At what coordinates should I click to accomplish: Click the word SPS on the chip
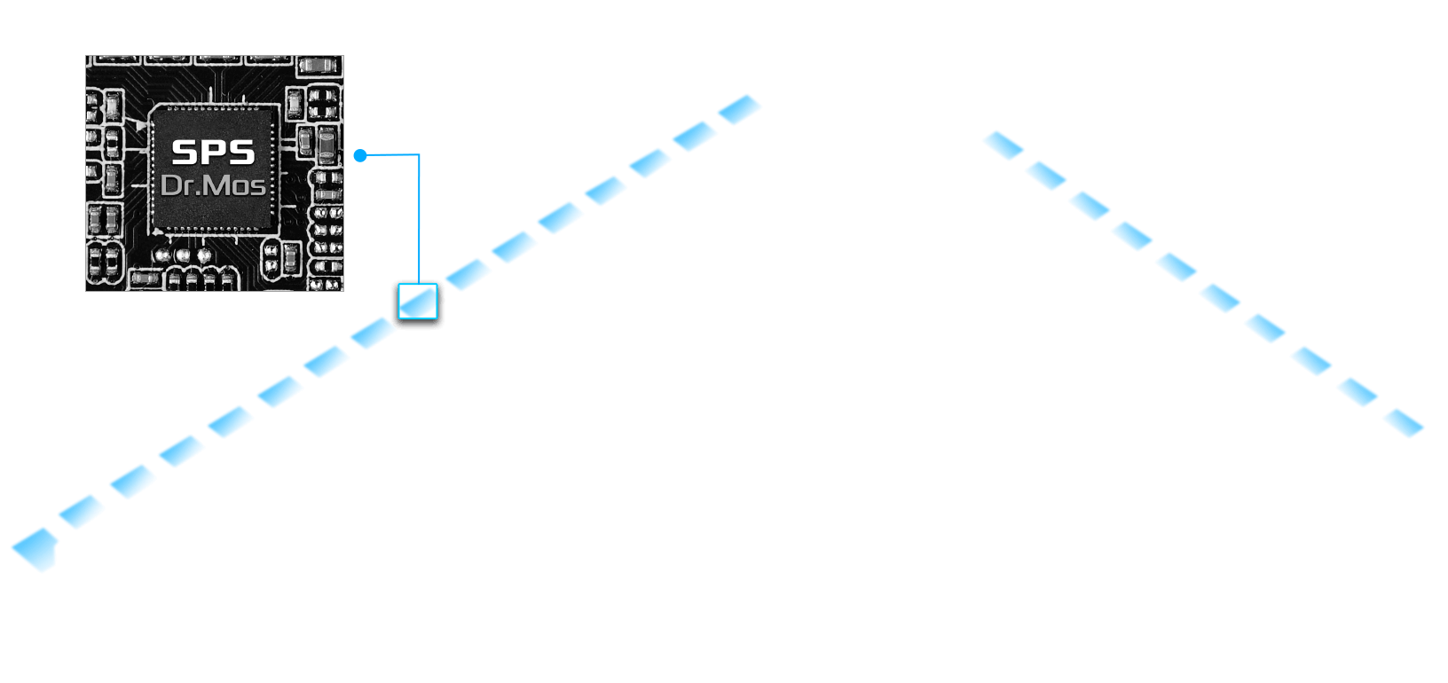[x=213, y=153]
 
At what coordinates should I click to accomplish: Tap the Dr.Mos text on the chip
[x=213, y=185]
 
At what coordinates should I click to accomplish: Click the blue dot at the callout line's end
[x=360, y=156]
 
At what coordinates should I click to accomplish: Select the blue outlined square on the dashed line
[x=417, y=302]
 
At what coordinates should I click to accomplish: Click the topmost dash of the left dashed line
[x=739, y=110]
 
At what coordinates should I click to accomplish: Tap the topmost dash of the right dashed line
[x=1003, y=145]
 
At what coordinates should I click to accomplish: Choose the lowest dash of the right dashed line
[x=1404, y=423]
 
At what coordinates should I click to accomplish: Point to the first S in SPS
[x=185, y=153]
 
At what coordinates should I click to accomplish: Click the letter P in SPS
[x=213, y=153]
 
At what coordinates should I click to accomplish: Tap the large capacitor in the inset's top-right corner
[x=319, y=67]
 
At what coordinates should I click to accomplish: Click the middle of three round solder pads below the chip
[x=183, y=255]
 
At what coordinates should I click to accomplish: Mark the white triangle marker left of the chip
[x=140, y=127]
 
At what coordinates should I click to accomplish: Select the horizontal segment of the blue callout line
[x=390, y=155]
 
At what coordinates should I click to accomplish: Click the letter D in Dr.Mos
[x=170, y=185]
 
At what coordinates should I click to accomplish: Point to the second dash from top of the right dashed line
[x=1046, y=176]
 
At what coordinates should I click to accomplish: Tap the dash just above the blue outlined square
[x=468, y=274]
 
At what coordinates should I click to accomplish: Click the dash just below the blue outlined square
[x=373, y=333]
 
